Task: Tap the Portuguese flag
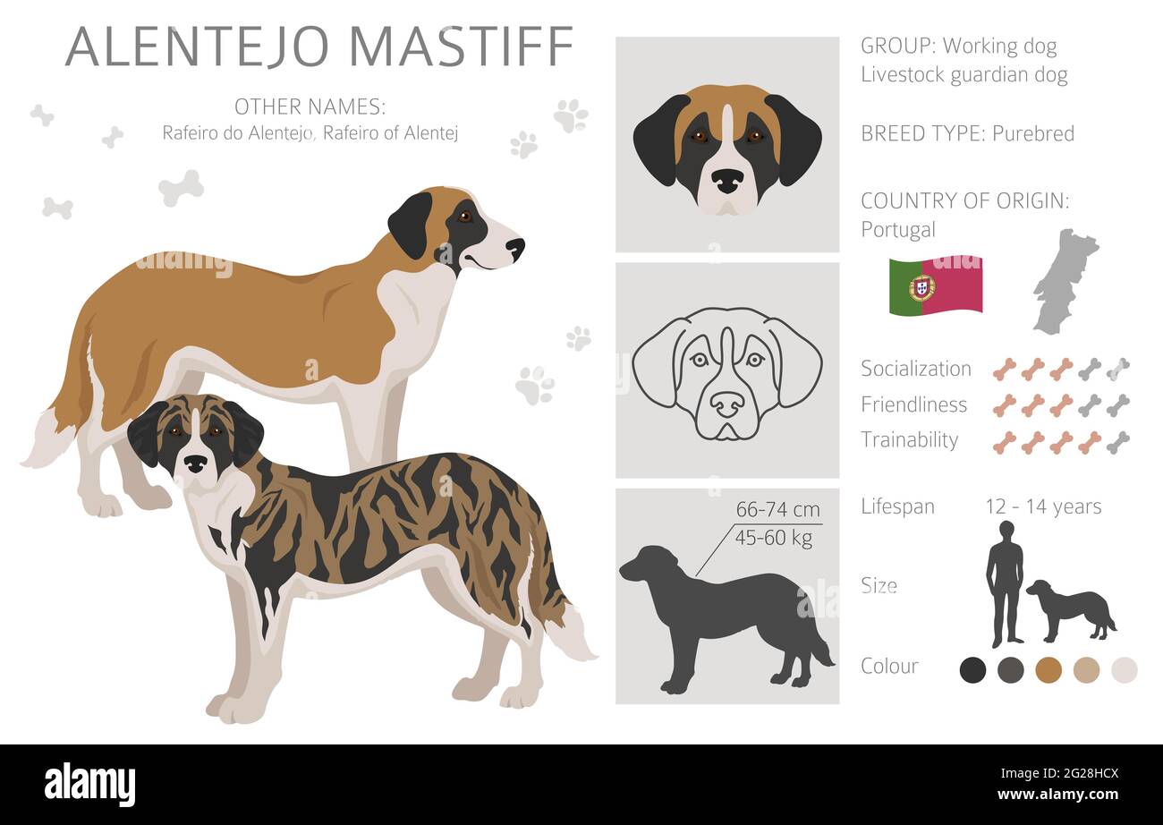935,285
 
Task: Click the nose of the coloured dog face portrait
726,181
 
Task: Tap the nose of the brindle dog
195,463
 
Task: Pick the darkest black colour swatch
972,668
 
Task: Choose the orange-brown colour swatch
1048,668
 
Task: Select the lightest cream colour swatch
1124,668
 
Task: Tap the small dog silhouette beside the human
1070,609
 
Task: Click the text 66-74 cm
777,510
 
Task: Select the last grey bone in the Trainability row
1117,442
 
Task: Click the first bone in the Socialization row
1005,369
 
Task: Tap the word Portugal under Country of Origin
898,230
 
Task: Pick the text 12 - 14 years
1043,506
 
